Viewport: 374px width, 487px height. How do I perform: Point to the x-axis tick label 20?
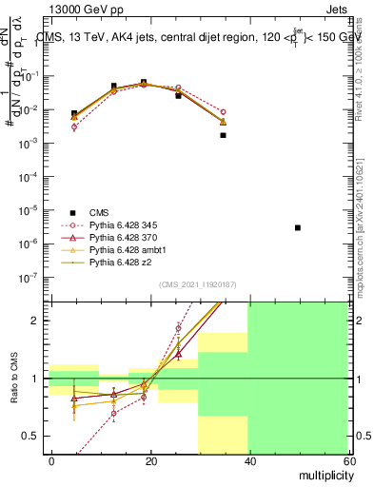[x=149, y=460]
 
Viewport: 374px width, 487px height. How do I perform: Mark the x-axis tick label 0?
[x=51, y=460]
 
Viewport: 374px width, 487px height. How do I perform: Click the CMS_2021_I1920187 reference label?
[x=196, y=284]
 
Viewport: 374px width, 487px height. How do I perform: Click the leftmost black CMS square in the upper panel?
[x=74, y=113]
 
